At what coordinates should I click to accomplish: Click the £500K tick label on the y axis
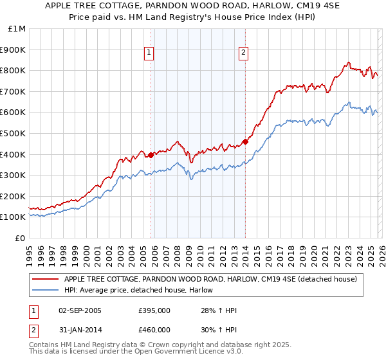pyautogui.click(x=13, y=133)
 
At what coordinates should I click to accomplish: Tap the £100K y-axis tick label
pyautogui.click(x=13, y=217)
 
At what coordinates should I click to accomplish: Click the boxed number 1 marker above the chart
pyautogui.click(x=149, y=53)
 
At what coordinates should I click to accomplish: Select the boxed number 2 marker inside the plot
pyautogui.click(x=244, y=53)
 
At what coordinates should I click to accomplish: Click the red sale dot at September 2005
pyautogui.click(x=151, y=155)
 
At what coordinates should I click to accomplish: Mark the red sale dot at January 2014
pyautogui.click(x=245, y=141)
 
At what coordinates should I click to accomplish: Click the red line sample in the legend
pyautogui.click(x=46, y=280)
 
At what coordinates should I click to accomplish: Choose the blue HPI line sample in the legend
pyautogui.click(x=46, y=291)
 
